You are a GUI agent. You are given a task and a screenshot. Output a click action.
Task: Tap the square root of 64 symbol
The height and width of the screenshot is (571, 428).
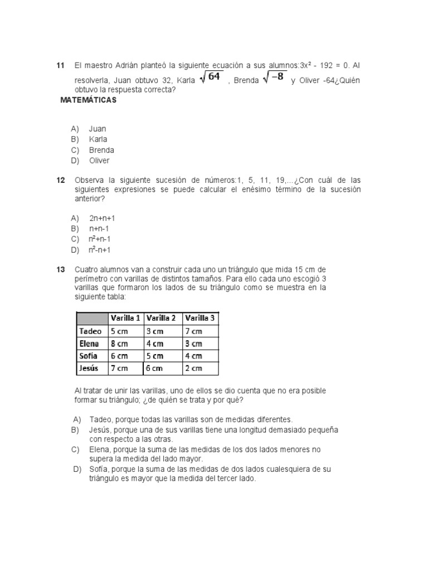click(x=212, y=78)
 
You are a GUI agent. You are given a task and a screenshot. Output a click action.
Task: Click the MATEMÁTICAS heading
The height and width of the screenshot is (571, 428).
click(x=89, y=100)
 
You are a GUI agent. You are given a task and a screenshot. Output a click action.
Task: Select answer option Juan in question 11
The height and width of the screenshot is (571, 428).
click(x=98, y=129)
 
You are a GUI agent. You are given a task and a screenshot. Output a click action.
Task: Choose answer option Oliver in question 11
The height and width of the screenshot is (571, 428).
click(x=99, y=161)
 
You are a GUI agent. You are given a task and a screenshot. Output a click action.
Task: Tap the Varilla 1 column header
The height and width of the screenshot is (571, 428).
click(x=125, y=318)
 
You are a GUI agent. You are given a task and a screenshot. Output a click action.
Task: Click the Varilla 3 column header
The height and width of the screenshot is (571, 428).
click(x=200, y=318)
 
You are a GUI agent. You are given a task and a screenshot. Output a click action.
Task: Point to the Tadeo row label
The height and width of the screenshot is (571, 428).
click(x=91, y=331)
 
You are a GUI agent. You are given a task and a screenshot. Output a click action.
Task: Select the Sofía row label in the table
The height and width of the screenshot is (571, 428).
click(x=89, y=356)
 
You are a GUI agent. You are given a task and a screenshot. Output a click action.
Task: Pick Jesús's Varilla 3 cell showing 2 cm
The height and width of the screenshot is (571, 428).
click(x=193, y=368)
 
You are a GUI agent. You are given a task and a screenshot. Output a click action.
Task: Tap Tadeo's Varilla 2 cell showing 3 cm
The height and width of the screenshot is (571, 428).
click(x=155, y=331)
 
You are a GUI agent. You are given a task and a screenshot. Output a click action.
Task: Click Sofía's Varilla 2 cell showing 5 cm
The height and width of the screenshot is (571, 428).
click(x=155, y=356)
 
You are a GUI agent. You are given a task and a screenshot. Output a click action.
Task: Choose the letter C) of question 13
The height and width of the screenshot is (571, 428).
click(x=75, y=449)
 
